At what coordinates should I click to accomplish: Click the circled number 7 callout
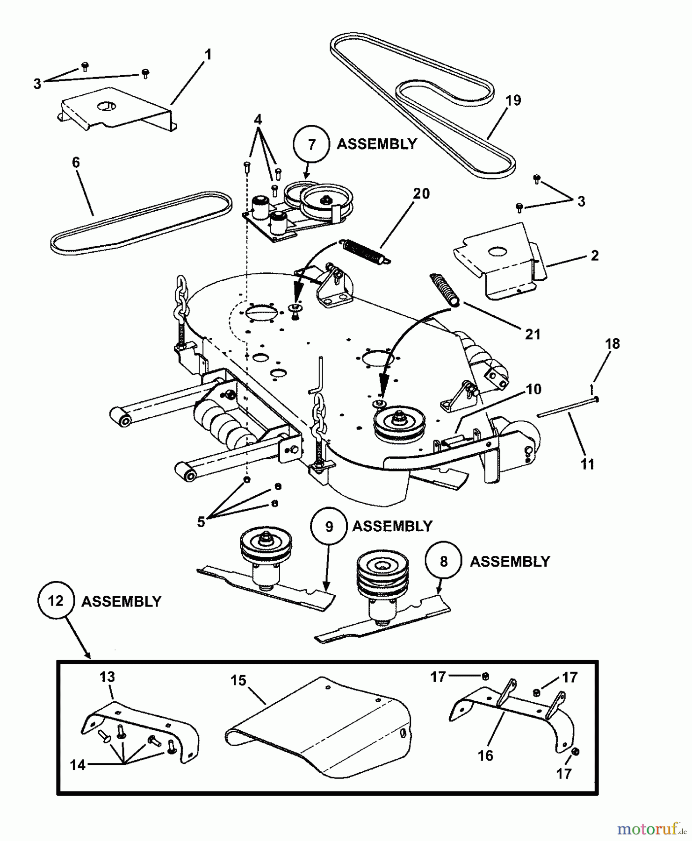coord(312,144)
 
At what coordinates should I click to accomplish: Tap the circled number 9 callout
coord(329,527)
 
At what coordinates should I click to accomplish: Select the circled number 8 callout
coord(444,561)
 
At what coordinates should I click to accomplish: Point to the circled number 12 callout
coord(56,601)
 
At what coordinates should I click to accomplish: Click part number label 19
coord(513,100)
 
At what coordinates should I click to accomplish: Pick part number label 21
coord(533,334)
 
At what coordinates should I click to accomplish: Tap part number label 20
coord(421,193)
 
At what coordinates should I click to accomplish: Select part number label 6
coord(76,163)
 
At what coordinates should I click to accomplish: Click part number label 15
coord(238,680)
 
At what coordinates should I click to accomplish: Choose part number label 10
coord(533,389)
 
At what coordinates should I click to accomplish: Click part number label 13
coord(107,677)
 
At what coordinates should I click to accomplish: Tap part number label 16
coord(486,755)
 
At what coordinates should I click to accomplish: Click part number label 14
coord(78,765)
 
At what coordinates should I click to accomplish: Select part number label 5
coord(201,522)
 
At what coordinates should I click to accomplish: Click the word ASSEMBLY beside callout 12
coord(121,601)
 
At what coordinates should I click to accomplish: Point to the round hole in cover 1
coord(106,107)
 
